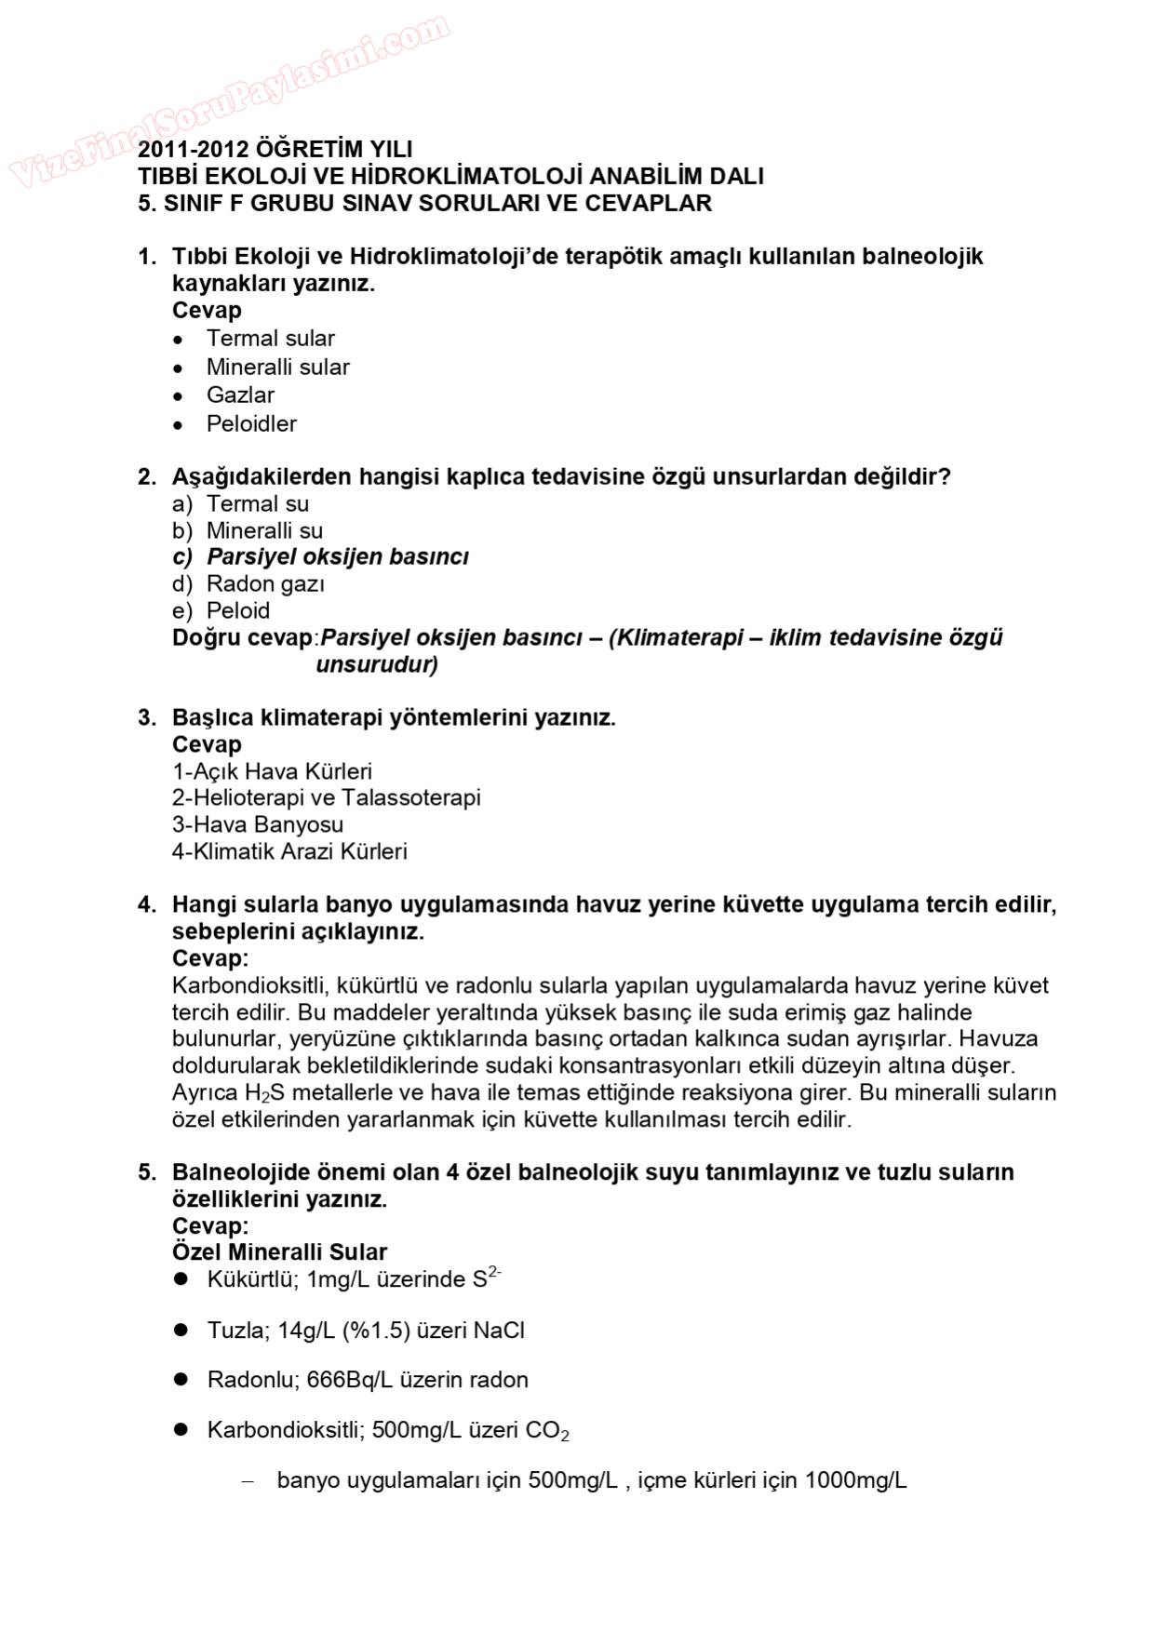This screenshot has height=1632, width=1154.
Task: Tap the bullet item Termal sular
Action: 270,339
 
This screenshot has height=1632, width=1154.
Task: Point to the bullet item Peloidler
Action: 251,424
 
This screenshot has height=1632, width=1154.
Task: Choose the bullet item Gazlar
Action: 240,395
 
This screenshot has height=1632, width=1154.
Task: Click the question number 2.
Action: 146,477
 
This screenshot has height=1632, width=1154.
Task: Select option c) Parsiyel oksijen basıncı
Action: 321,557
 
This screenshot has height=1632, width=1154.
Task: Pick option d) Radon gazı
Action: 248,584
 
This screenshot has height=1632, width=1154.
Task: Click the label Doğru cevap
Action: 242,638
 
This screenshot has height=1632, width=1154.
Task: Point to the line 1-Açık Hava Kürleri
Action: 272,772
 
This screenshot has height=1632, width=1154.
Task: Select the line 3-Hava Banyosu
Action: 258,825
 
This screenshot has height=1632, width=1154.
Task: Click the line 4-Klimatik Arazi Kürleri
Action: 289,852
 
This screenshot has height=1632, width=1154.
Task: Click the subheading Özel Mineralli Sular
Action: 279,1252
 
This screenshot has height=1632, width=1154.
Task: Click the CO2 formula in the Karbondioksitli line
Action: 547,1431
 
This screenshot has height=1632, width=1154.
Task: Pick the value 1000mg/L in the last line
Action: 855,1480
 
